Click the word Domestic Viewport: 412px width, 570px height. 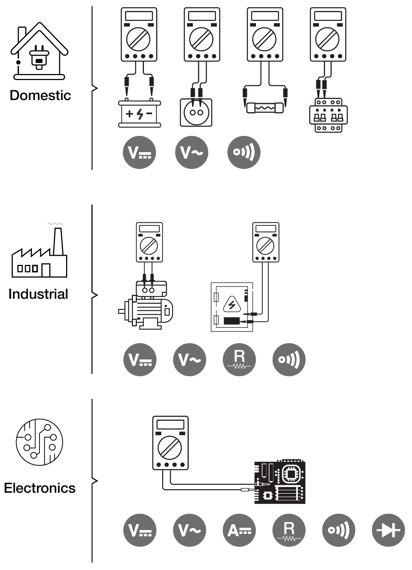coord(40,95)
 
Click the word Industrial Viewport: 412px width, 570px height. coord(38,294)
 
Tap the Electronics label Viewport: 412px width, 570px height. coord(40,488)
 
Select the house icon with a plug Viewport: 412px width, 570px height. coord(39,51)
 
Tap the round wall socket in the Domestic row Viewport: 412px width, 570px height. coord(196,112)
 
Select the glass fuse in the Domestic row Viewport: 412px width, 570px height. coord(265,108)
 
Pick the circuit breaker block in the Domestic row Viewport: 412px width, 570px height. coord(328,115)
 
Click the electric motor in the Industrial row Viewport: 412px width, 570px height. coord(146,305)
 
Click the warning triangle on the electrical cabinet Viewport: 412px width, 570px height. coord(232,304)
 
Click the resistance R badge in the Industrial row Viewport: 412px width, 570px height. coord(239,359)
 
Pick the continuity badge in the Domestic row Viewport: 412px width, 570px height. coord(244,152)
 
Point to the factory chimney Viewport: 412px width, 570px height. coord(58,241)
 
